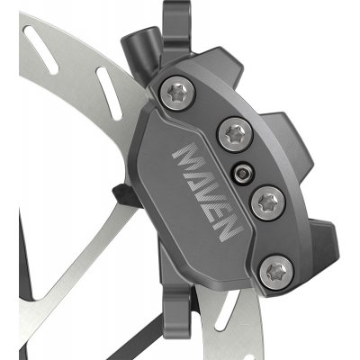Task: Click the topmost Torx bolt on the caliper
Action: (176, 94)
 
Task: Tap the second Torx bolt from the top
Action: (236, 134)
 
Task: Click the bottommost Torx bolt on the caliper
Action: (276, 273)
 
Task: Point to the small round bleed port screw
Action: (242, 173)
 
